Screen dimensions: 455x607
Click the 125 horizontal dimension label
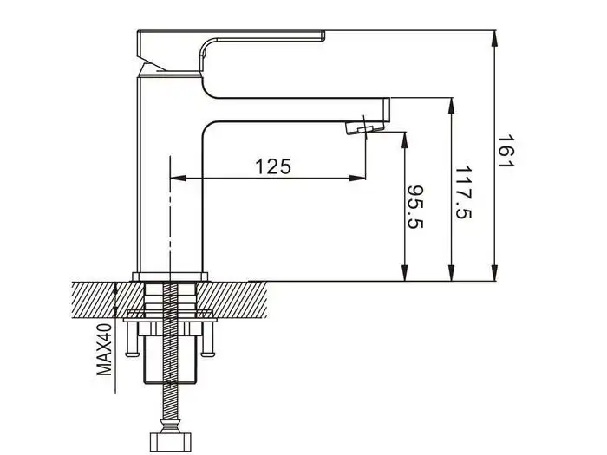pos(273,166)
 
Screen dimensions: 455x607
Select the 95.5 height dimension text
pos(416,209)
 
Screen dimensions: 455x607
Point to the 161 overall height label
pos(507,153)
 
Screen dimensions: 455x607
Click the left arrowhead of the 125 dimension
pos(177,179)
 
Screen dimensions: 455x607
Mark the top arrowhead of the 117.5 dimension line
pos(451,104)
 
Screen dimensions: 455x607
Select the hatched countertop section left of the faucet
pos(95,299)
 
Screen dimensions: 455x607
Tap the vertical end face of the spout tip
pos(388,109)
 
